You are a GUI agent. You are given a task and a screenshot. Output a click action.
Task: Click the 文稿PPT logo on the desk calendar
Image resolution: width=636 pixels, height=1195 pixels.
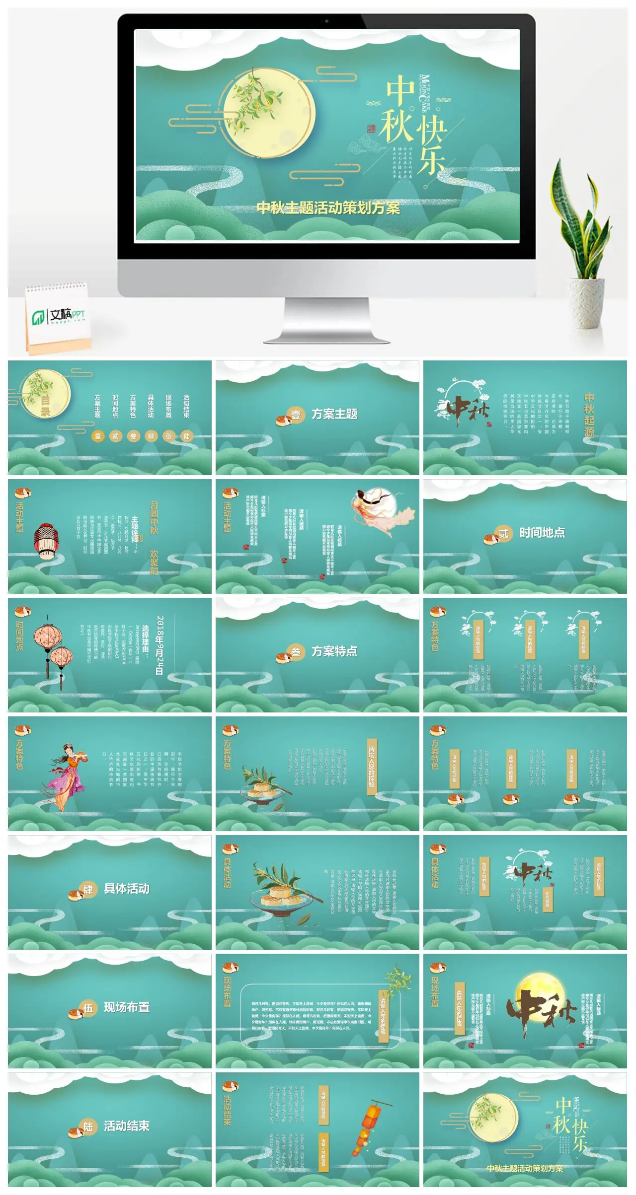click(59, 316)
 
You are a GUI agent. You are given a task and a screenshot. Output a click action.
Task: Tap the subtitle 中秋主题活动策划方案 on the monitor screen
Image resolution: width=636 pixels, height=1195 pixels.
click(328, 208)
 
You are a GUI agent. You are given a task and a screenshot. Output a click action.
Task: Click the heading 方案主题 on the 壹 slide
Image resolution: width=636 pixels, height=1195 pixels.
click(334, 414)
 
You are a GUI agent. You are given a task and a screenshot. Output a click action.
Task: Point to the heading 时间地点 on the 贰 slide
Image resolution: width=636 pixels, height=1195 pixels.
click(542, 533)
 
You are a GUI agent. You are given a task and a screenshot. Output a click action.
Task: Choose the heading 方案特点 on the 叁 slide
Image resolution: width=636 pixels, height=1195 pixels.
click(334, 651)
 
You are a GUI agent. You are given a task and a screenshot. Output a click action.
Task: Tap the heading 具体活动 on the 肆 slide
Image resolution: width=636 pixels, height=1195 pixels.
click(127, 889)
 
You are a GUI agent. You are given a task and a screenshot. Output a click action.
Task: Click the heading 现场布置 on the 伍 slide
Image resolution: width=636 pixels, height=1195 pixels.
click(127, 1007)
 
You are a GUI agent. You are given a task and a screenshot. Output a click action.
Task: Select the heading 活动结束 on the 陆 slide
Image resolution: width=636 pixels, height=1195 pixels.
click(127, 1126)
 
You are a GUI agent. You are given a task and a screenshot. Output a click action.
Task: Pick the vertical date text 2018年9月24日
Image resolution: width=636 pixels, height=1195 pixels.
click(159, 645)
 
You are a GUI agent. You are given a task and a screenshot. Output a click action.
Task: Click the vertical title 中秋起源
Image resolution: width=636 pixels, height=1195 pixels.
click(589, 415)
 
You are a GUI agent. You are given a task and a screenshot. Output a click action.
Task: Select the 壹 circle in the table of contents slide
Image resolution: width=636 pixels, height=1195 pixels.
click(98, 436)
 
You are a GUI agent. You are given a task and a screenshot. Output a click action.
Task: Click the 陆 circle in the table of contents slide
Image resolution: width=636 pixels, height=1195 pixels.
click(186, 436)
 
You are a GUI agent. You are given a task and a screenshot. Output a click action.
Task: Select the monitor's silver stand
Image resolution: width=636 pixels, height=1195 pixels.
click(328, 318)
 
